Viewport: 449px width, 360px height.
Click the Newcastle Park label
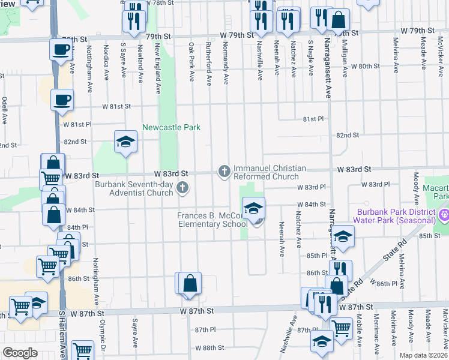coord(171,127)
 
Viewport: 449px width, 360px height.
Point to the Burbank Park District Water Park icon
coord(444,214)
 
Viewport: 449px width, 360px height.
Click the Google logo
coord(19,353)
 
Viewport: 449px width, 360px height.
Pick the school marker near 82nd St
coord(125,142)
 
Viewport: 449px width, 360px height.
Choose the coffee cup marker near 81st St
coord(62,99)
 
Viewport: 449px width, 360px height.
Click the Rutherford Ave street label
coord(209,62)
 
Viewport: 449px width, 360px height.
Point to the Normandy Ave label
coord(226,62)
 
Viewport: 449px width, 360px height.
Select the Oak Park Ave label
coord(192,62)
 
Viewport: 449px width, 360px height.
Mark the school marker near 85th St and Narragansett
coord(343,237)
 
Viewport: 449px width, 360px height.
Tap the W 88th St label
coord(209,347)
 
